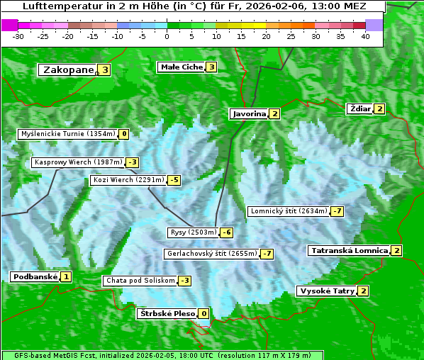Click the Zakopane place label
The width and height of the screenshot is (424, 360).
click(68, 69)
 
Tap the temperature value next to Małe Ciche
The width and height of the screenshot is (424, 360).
click(211, 67)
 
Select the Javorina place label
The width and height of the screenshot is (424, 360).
click(249, 113)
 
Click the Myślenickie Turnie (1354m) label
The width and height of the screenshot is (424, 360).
click(67, 133)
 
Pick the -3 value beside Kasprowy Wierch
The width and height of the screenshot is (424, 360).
click(132, 162)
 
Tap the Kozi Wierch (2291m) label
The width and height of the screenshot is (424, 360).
click(128, 180)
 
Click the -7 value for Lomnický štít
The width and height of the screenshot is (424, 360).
click(337, 211)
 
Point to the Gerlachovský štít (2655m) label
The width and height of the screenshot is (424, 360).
click(211, 254)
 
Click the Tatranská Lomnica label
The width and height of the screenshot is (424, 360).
click(349, 250)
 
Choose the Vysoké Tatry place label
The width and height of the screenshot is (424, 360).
click(327, 291)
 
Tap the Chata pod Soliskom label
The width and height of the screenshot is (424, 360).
click(139, 281)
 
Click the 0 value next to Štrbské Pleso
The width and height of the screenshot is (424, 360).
click(203, 314)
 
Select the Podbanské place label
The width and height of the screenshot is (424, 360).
click(35, 276)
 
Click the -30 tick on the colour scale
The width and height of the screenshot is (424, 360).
click(18, 36)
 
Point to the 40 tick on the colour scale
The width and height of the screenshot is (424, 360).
click(365, 36)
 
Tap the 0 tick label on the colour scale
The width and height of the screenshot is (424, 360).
click(167, 36)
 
